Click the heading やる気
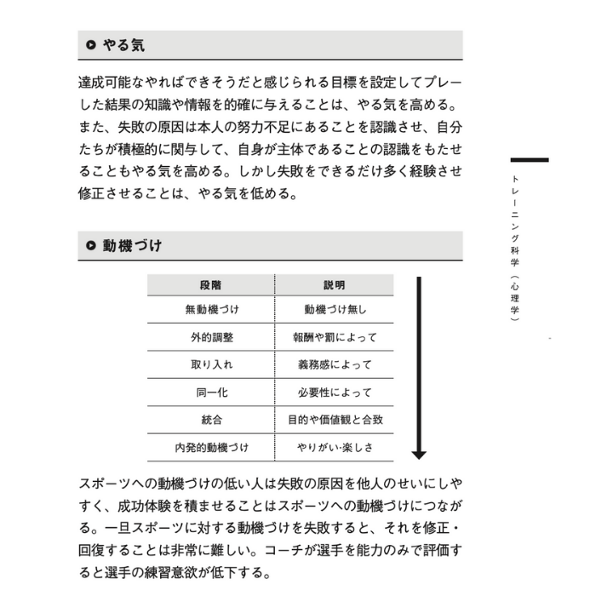pos(123,46)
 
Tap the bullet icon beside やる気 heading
pos(90,46)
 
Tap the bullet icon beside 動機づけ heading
pos(90,246)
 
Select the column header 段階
pos(211,285)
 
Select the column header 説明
pos(335,285)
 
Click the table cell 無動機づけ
pos(211,310)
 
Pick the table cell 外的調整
pos(211,337)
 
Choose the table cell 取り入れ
pos(211,364)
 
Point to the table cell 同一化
pos(211,392)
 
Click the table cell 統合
pos(211,420)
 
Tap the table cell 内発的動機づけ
pos(211,447)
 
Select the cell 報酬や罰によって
pos(335,337)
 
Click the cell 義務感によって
pos(335,364)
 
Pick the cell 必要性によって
pos(335,392)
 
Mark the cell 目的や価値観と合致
pos(335,420)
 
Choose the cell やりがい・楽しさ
pos(335,447)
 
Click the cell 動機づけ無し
pos(335,310)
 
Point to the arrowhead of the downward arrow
pos(418,453)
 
